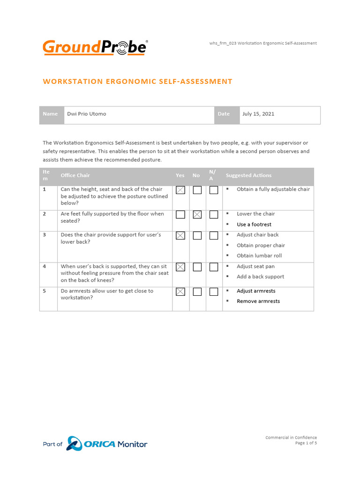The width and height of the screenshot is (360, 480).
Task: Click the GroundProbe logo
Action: pos(95,47)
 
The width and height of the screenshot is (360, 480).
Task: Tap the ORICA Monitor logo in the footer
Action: pos(107,443)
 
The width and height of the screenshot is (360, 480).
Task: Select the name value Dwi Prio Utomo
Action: pos(87,114)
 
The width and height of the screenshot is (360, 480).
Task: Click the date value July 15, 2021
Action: pos(258,114)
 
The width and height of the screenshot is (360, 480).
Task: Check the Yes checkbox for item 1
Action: pos(180,190)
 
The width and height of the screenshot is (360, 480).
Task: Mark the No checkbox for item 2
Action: pos(197,215)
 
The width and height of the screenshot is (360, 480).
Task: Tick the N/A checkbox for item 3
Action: pos(214,236)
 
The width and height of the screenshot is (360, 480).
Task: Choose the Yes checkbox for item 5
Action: pos(180,292)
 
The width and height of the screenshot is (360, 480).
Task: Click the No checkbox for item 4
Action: pos(197,267)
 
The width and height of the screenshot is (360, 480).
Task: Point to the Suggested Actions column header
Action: pos(248,175)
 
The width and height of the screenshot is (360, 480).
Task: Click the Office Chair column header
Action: pos(75,175)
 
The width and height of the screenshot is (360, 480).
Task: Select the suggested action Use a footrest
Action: pos(254,225)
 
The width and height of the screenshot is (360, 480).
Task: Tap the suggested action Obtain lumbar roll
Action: pos(259,255)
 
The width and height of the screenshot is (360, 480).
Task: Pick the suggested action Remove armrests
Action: pos(258,301)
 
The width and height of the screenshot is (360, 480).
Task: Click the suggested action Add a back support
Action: pos(260,277)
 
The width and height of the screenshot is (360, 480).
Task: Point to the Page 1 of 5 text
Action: pos(306,443)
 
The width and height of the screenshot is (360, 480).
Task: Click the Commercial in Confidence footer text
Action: pos(291,437)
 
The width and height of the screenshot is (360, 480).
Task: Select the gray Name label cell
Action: pos(51,114)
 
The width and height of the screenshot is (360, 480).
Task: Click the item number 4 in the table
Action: pos(45,266)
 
